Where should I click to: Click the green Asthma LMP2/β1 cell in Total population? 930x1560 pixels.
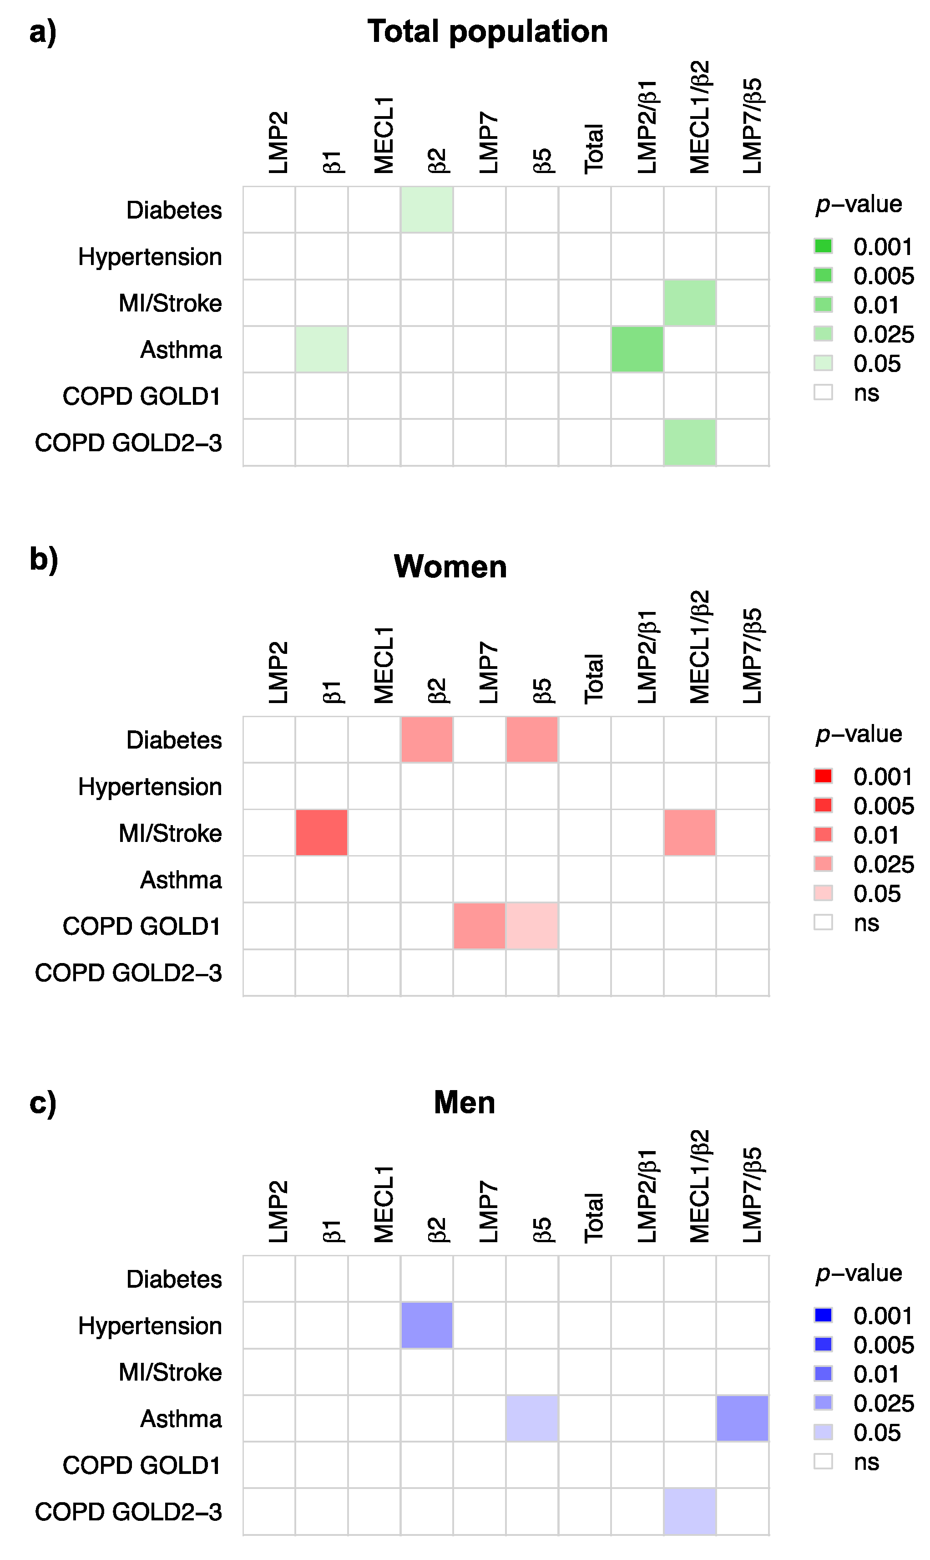coord(637,349)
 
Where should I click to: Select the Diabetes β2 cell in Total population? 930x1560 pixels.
coord(427,210)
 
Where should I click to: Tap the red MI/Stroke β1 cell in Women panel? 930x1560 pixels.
coord(322,833)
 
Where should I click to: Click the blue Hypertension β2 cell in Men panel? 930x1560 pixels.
coord(427,1325)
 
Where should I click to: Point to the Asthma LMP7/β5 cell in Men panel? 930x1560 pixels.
coord(742,1418)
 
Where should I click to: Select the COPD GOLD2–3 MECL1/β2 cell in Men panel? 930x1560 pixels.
coord(689,1511)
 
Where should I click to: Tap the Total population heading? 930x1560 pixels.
coord(488,31)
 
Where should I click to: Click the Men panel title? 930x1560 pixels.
coord(465,1102)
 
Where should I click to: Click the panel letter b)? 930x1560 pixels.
coord(43,559)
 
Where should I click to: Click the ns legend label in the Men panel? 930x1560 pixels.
coord(866,1462)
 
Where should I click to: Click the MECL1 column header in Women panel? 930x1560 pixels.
coord(384,665)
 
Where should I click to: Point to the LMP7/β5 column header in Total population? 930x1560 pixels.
coord(751,125)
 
